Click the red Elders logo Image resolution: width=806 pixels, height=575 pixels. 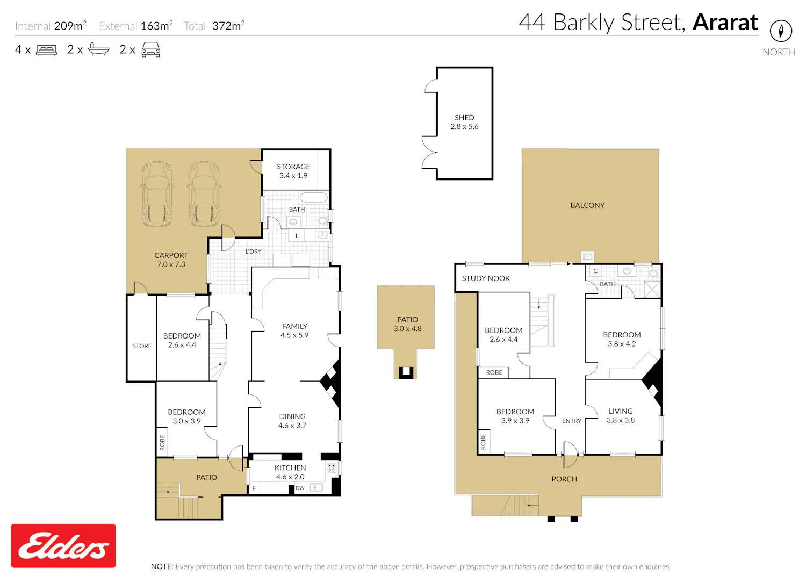tap(63, 545)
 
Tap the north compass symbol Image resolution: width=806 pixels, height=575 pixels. tap(781, 31)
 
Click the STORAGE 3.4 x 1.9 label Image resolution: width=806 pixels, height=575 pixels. tap(293, 171)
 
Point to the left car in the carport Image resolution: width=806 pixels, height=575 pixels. tap(157, 194)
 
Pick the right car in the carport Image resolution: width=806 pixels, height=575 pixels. tap(204, 194)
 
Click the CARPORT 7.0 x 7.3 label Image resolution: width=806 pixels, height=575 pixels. tap(171, 260)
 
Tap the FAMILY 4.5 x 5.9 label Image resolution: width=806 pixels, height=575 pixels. tap(294, 330)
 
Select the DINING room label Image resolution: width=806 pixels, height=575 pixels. tap(292, 416)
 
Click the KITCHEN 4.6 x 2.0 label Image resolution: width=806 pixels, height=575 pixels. tap(290, 472)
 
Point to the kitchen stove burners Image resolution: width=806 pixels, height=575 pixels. tap(332, 468)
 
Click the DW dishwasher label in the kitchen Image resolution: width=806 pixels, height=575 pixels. tap(300, 488)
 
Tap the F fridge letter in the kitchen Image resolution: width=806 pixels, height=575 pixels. tap(254, 488)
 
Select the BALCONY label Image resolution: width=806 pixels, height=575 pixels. tap(587, 205)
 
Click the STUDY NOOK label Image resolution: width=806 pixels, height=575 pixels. tap(486, 278)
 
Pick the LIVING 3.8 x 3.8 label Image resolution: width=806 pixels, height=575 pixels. tap(620, 415)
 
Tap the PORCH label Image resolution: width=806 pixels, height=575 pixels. tap(564, 479)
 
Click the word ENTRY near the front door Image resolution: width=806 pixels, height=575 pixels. tap(571, 421)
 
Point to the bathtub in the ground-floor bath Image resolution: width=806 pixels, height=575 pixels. tap(314, 197)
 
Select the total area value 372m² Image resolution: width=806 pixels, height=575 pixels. tap(228, 26)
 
